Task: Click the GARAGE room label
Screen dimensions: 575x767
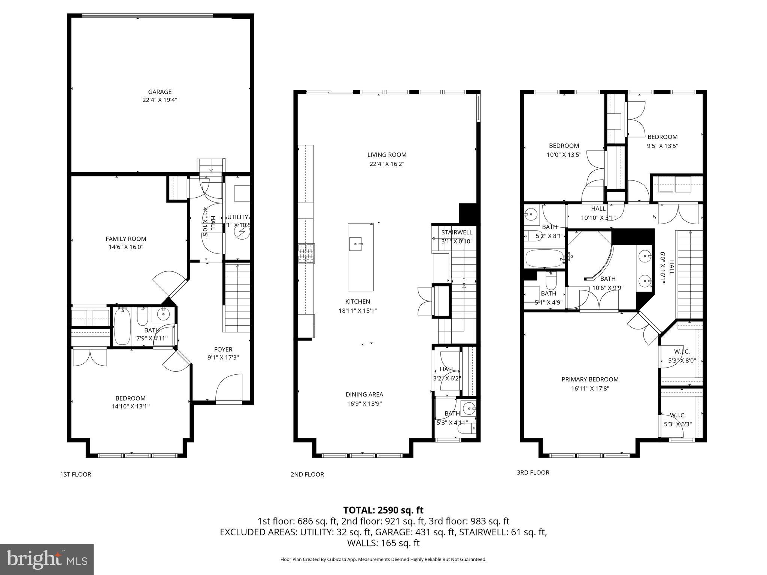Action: click(160, 92)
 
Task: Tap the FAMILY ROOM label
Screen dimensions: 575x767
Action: click(126, 239)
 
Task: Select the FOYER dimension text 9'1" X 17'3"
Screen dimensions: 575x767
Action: click(223, 358)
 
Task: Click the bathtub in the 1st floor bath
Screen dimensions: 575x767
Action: click(121, 326)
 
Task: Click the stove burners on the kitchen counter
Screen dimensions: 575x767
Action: click(306, 254)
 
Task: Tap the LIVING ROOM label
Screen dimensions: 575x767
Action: click(386, 155)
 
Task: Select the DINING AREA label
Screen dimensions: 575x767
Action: click(364, 394)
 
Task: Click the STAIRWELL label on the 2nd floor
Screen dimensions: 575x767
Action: click(457, 232)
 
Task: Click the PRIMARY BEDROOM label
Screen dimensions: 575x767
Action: click(590, 379)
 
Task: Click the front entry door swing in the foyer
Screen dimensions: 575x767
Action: click(228, 387)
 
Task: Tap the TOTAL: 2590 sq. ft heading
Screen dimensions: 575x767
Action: click(383, 510)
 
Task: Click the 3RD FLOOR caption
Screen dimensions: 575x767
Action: click(533, 472)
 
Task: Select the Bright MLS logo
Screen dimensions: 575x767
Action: click(47, 559)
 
